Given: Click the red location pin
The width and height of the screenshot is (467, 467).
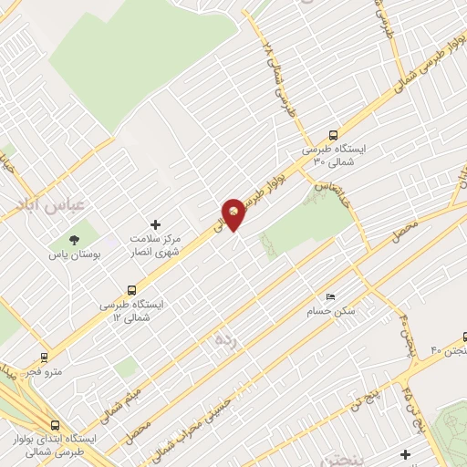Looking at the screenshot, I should click(x=234, y=213).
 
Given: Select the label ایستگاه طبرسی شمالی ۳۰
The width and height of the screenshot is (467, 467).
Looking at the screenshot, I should click(x=334, y=154).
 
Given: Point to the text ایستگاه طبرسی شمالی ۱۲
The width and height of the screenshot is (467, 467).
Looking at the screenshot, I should click(x=133, y=310).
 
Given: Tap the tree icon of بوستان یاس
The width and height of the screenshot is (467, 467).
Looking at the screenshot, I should click(x=74, y=239).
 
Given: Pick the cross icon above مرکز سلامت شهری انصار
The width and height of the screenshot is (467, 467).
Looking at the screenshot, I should click(x=155, y=224).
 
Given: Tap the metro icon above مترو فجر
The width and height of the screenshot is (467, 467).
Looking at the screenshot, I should click(x=44, y=357).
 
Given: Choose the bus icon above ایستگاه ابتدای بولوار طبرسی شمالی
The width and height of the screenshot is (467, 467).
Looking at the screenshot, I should click(x=56, y=424).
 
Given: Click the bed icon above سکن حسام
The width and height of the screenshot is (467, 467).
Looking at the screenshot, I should click(x=330, y=297).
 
